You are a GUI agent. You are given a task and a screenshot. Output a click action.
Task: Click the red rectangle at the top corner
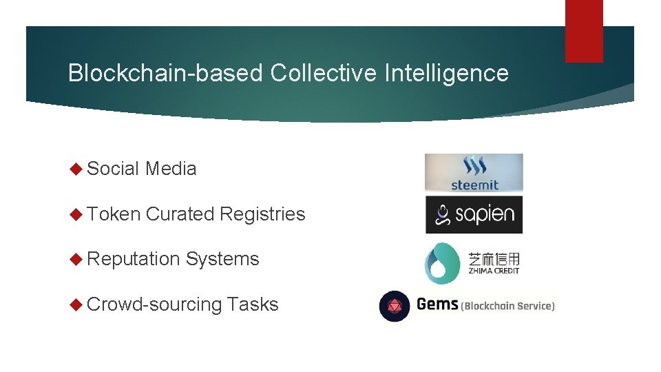(584, 31)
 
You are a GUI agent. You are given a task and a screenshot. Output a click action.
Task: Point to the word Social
(114, 169)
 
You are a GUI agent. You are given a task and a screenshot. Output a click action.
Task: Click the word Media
(171, 169)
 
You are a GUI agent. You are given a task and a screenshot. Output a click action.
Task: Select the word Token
(114, 214)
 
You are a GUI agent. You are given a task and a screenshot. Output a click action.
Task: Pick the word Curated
(180, 214)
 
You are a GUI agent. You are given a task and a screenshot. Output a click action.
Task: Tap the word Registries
(262, 214)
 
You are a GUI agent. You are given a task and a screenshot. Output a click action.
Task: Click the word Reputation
(134, 259)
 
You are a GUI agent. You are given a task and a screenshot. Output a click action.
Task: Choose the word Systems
(222, 259)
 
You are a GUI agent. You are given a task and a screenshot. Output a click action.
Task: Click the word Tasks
(253, 304)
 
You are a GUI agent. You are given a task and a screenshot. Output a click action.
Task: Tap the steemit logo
(474, 173)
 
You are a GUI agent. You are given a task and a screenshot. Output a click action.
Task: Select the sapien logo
(474, 214)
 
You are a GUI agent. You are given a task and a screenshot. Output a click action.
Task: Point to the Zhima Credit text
(493, 262)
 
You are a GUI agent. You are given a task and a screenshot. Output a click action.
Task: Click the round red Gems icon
(395, 306)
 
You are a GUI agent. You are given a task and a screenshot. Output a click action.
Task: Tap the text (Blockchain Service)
(507, 306)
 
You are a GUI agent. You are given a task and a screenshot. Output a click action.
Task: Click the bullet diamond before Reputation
(76, 259)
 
